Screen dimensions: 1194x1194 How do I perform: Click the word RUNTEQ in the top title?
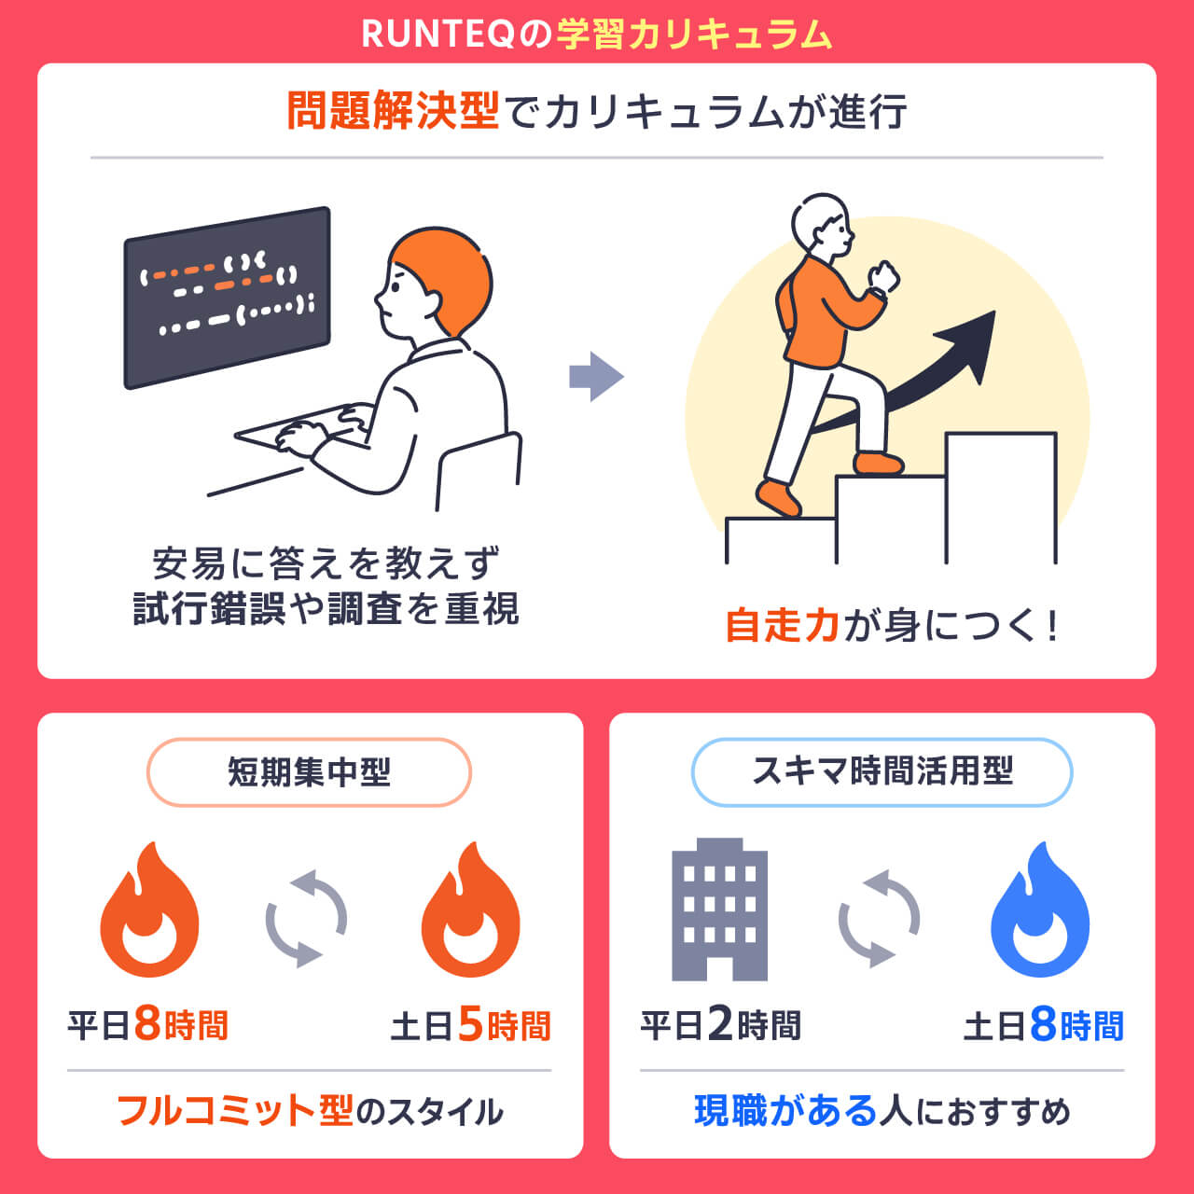click(437, 35)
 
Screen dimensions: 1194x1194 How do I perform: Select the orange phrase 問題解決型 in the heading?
click(393, 111)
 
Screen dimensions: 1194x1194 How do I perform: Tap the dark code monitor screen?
click(227, 297)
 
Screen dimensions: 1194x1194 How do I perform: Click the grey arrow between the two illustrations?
click(596, 377)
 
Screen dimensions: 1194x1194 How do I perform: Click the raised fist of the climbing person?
click(882, 277)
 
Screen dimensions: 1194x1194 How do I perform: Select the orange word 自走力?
click(784, 625)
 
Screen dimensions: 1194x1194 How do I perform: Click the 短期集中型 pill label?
click(309, 772)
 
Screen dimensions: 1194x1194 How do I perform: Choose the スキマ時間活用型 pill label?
click(882, 772)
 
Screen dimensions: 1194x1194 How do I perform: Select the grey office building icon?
click(719, 909)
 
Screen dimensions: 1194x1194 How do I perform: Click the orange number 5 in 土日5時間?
click(470, 1025)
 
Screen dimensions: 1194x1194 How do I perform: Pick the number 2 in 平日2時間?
click(719, 1025)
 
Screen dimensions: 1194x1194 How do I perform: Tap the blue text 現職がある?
click(785, 1111)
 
